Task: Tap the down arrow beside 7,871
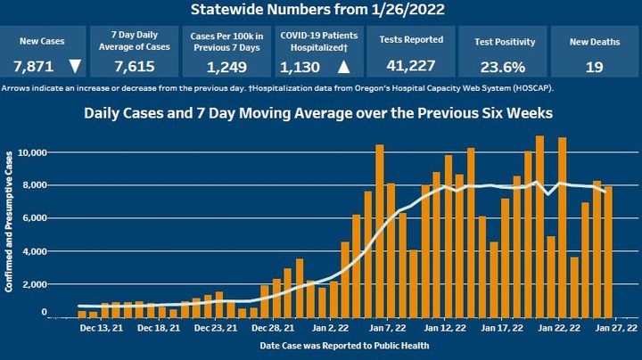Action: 75,66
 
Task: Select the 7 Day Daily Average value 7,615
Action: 134,66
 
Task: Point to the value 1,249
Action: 225,66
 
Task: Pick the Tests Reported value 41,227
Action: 411,66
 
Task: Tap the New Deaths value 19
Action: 594,66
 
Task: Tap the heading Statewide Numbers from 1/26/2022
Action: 320,11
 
